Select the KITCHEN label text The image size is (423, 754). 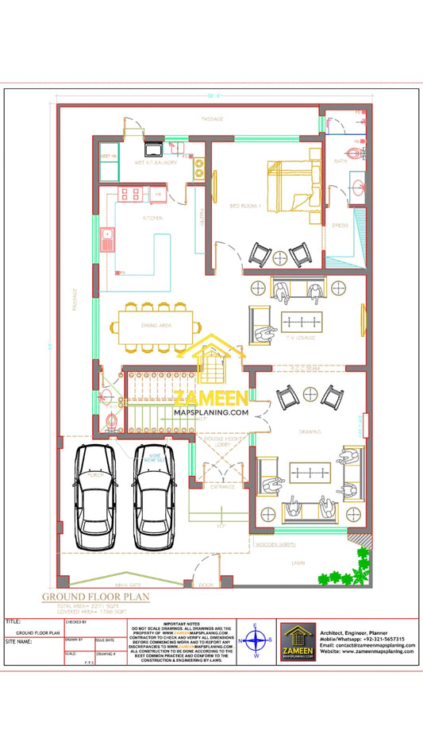152,217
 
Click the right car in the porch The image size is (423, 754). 155,496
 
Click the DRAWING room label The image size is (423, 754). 310,431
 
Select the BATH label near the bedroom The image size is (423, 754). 340,161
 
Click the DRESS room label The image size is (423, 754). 340,225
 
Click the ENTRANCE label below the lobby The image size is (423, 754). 222,487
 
